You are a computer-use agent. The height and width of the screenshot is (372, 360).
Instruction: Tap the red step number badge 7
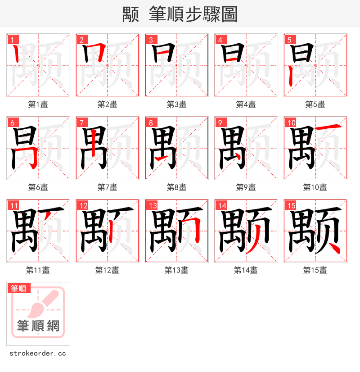coord(81,122)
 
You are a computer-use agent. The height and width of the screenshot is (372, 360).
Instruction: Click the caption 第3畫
coord(176,104)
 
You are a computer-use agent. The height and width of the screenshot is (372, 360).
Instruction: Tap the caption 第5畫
coord(315,104)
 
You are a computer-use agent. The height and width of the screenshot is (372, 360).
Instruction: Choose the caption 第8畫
coord(176,187)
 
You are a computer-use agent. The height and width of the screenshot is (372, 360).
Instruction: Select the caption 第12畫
coord(107,270)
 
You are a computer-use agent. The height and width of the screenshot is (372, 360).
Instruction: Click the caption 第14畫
coord(246,270)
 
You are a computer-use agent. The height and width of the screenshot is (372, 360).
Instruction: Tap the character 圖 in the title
coord(229,14)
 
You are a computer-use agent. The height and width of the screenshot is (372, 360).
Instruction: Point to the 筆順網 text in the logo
coord(38,326)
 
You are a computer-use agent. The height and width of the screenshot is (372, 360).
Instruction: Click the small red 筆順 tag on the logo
coord(19,288)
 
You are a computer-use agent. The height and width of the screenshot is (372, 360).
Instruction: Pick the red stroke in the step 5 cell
coord(291,77)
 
